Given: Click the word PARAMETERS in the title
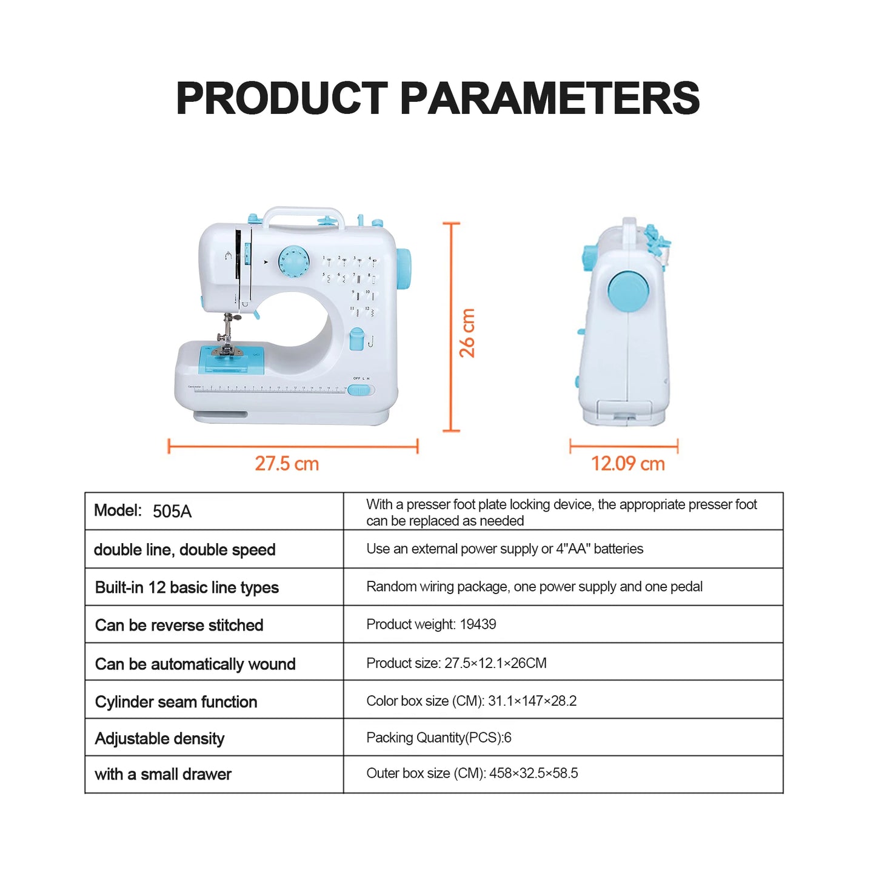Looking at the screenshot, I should coord(549,98).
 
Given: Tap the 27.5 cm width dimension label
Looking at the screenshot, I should coord(287,464).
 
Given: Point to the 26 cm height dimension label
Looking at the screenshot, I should coord(467,333).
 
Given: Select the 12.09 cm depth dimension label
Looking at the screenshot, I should coord(627,464).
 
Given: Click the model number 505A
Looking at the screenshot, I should coord(172,512).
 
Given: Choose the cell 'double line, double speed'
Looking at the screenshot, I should coord(185,550).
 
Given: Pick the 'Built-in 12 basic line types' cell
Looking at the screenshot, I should coord(187,587).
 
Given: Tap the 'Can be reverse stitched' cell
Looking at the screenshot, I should coord(179,625).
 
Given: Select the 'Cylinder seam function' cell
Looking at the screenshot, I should coord(176,701).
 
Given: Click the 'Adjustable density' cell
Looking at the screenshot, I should coord(159,738).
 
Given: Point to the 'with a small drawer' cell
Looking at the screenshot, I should coord(163,774).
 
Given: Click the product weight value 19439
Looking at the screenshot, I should coord(478,624).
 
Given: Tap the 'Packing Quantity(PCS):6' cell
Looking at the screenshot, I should coord(439,738).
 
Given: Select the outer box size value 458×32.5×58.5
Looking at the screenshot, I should coord(533,774).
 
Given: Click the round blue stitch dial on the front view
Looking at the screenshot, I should coord(294,262).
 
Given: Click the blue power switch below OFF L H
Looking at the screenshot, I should coord(359,390).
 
